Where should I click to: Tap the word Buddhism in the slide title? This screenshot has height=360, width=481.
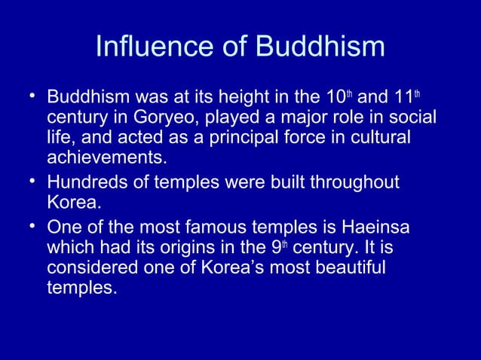tap(320, 47)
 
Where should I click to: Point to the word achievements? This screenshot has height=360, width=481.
tap(105, 160)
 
